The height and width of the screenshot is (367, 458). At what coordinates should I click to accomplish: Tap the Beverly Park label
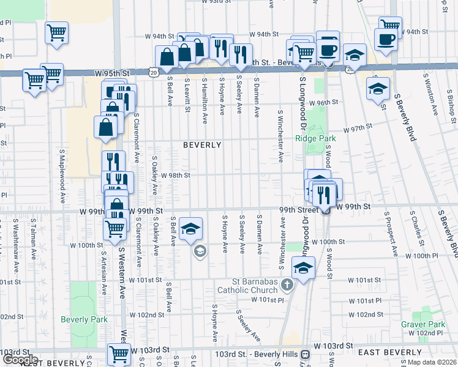point(84,319)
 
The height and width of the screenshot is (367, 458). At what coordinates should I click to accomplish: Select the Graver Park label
point(422,324)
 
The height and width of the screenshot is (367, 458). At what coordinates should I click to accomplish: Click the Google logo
point(20,360)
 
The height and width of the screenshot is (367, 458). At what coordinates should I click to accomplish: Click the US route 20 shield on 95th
point(153,72)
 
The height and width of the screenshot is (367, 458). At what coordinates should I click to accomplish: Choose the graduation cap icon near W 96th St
point(378,88)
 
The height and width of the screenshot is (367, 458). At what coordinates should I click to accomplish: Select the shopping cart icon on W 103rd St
point(118,353)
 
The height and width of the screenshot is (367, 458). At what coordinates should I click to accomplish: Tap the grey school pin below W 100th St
point(200,251)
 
